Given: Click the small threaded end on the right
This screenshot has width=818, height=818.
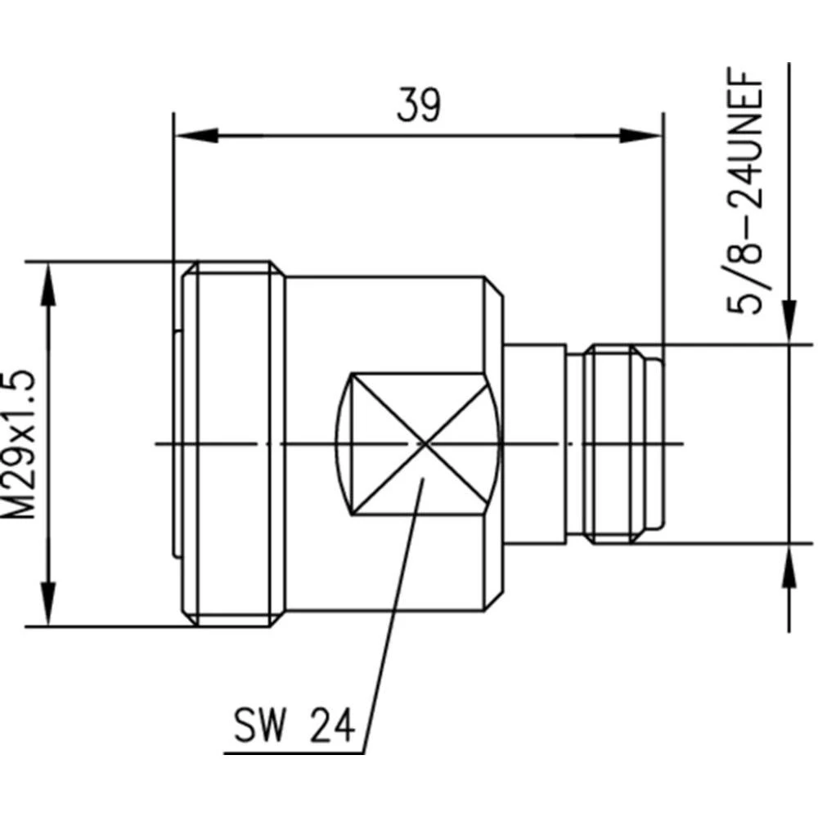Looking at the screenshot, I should coord(622,444).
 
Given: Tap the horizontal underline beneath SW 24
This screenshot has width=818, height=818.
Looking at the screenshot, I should coord(294,753).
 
